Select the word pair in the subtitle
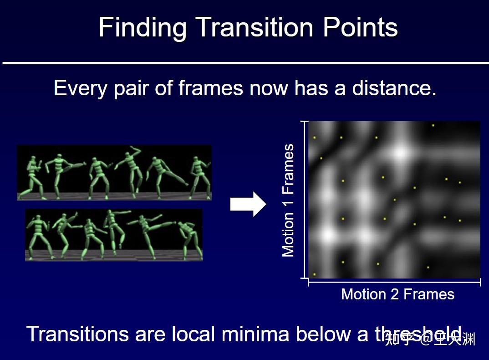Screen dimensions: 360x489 tap(132, 88)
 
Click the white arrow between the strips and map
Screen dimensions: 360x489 tap(248, 204)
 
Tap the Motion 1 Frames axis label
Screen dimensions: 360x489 tap(288, 201)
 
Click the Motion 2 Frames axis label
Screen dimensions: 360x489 tap(397, 294)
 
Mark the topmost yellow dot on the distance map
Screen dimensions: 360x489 tap(433, 125)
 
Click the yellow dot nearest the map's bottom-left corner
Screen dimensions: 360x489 tap(315, 274)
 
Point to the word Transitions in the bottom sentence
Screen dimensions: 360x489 tap(78, 334)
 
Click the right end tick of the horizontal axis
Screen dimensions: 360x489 tap(480, 283)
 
